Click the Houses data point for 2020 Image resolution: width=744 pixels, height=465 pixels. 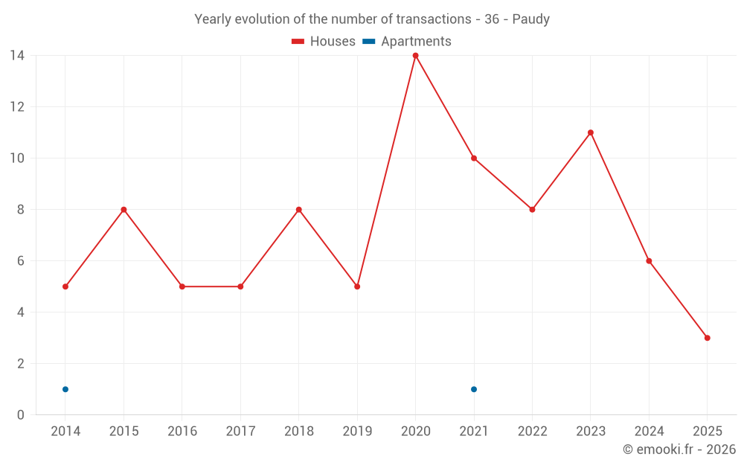coord(415,56)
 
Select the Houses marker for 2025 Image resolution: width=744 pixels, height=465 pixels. coord(707,338)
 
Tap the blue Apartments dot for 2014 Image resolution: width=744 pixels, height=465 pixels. coord(65,389)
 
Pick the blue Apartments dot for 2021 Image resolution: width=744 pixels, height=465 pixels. coord(474,389)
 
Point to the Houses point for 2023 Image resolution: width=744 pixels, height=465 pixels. coord(591,132)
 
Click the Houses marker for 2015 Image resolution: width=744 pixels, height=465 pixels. coord(124,210)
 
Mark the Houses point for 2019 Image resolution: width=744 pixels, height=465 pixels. coord(357,286)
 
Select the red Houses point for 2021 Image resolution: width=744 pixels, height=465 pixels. coord(474,158)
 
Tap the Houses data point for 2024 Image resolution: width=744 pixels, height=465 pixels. coord(649,261)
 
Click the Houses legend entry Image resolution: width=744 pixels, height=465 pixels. coord(324,42)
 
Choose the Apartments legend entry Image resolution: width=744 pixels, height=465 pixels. coord(407,42)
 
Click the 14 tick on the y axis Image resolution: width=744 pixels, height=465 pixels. coord(17,56)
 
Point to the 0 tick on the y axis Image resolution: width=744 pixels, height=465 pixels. coord(21,415)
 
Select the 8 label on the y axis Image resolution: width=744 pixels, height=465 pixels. coord(21,210)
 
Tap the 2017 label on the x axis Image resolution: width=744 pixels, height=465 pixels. coord(240,432)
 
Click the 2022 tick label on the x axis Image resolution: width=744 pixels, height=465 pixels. coord(532,432)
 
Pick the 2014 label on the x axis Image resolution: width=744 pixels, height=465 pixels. coord(65,432)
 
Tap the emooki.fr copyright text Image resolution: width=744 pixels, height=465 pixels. coord(679,449)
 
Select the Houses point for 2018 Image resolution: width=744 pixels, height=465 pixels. coord(298,210)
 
